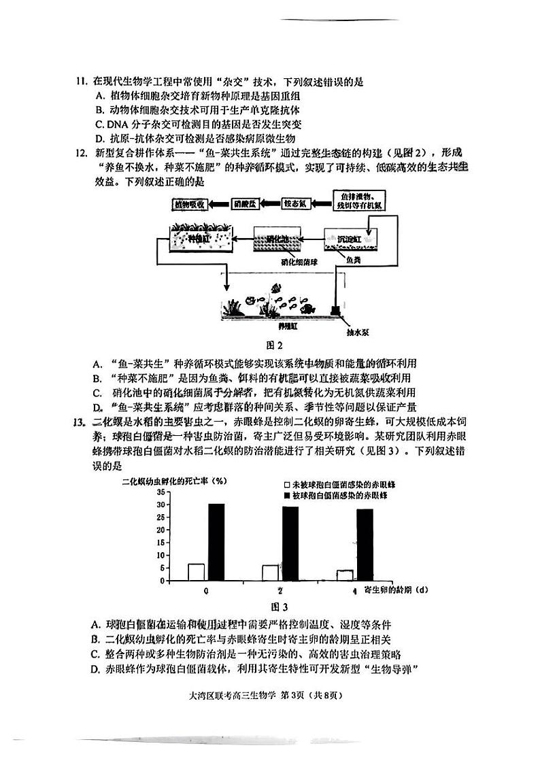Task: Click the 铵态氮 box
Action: (297, 203)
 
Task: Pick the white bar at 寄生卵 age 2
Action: (271, 573)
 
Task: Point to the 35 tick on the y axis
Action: (161, 491)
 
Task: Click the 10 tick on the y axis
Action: (161, 555)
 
